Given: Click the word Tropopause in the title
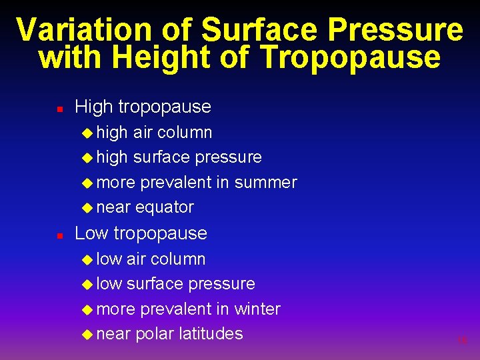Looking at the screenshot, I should (x=350, y=59).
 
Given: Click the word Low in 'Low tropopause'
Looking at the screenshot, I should (x=92, y=233).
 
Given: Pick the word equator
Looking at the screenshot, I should (x=164, y=208).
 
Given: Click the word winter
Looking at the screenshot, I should (x=257, y=309).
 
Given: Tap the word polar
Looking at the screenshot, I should (x=154, y=334).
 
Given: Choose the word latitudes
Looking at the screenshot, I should (x=211, y=333).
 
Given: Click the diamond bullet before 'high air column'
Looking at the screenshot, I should (x=87, y=133).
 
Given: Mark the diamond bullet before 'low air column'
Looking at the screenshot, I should (x=87, y=259).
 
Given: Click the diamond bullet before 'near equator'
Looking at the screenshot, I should (x=87, y=207).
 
